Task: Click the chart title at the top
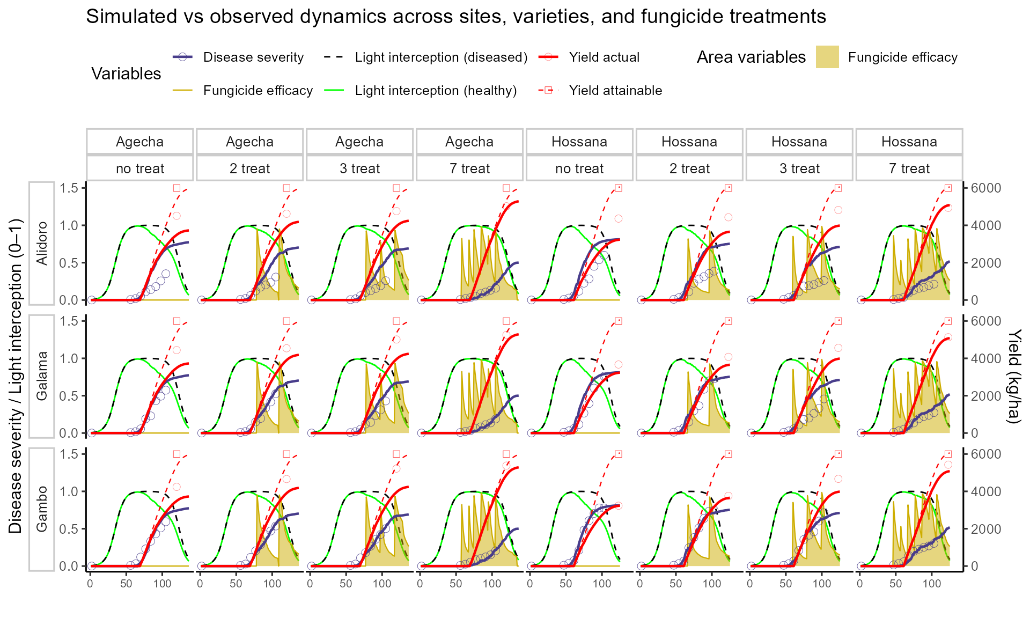[456, 17]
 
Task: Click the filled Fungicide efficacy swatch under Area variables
[827, 57]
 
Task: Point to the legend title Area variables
[751, 57]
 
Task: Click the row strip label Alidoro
[42, 243]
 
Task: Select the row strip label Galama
[42, 376]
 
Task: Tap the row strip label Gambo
[42, 509]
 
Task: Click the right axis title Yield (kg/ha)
[1013, 376]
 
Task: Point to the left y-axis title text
[16, 376]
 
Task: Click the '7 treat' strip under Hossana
[909, 168]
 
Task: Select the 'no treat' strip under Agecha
[140, 168]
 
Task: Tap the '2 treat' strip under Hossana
[689, 168]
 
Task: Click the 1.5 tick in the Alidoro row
[69, 188]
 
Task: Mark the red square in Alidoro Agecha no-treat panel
[176, 188]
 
